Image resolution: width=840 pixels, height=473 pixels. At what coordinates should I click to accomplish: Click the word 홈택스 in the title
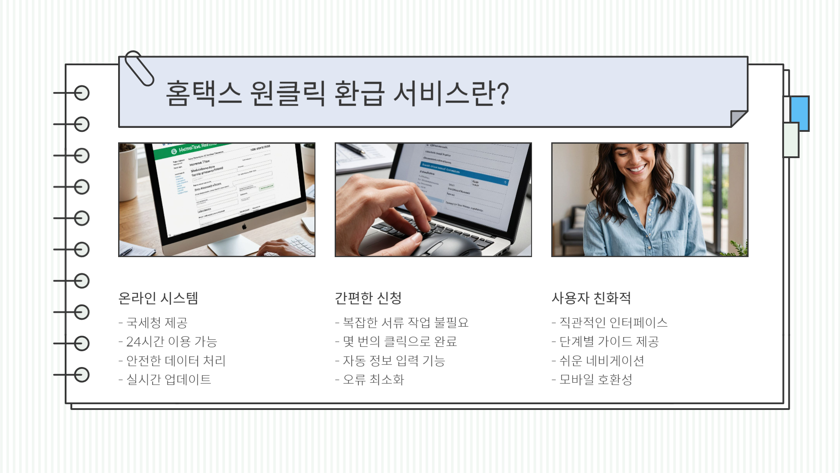[x=203, y=93]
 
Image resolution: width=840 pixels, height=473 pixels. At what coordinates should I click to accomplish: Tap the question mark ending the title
[x=504, y=93]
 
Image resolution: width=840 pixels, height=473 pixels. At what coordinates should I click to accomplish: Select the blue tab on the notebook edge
[x=800, y=113]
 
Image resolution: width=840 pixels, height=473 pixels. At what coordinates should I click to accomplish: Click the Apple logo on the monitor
[x=245, y=226]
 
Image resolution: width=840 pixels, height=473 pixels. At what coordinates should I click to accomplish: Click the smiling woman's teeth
[x=637, y=169]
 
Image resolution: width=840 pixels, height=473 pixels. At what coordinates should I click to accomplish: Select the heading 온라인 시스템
[x=158, y=298]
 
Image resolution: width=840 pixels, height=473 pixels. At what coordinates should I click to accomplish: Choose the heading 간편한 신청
[x=368, y=298]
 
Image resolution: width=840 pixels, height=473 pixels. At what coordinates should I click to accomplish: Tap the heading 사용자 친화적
[x=591, y=298]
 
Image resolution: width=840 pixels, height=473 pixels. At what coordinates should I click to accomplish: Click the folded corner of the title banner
[x=738, y=118]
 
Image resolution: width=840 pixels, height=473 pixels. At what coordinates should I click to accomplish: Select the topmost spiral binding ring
[x=81, y=93]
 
